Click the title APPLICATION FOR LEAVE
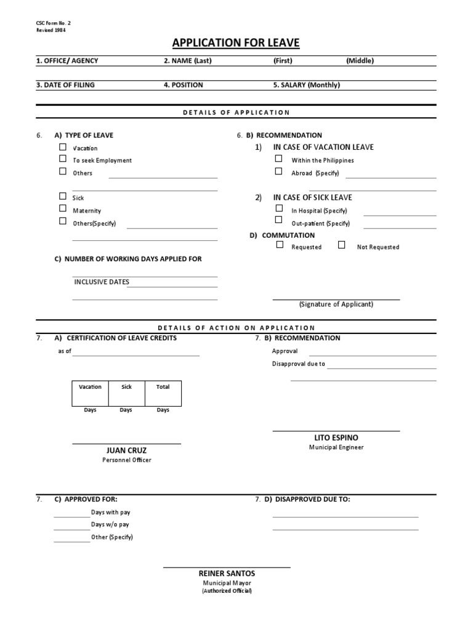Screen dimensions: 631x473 [236, 43]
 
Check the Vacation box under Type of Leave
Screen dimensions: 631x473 [63, 147]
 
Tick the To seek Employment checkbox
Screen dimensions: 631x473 [63, 159]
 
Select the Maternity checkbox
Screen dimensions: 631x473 [63, 210]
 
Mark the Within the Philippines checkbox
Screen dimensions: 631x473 [279, 159]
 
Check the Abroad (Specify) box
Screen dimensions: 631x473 [279, 172]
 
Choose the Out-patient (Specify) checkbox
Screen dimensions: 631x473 [279, 220]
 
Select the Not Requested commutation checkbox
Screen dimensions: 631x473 [342, 245]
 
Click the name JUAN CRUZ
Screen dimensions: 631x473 [127, 450]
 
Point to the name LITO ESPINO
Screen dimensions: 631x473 [336, 438]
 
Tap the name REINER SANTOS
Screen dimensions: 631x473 [227, 574]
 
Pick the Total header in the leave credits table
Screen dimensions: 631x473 [163, 387]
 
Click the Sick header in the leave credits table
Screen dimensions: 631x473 [126, 387]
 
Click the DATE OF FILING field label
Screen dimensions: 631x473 [66, 85]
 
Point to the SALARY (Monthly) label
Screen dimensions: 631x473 [307, 85]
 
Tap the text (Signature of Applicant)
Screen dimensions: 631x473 [336, 304]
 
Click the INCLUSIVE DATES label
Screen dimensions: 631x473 [102, 282]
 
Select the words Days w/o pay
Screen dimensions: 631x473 [110, 524]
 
